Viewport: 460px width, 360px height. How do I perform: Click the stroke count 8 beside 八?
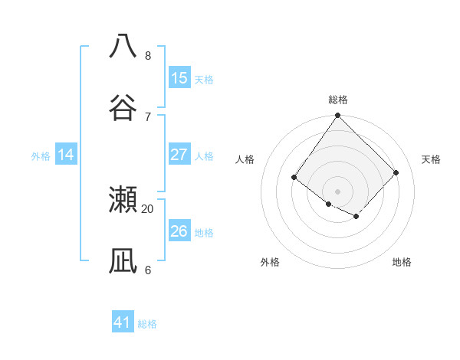click(148, 55)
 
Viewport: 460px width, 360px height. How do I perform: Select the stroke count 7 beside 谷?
click(148, 116)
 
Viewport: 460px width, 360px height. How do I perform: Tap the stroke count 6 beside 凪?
click(148, 270)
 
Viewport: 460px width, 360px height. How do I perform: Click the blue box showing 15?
click(179, 78)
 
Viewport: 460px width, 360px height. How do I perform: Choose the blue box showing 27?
click(179, 155)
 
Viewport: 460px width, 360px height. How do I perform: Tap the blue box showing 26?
click(179, 231)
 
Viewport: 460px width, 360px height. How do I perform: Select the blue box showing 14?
click(66, 155)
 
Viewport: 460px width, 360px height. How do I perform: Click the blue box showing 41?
click(123, 322)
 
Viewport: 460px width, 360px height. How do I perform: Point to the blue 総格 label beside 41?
click(147, 324)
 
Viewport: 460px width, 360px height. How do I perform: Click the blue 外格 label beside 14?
click(41, 156)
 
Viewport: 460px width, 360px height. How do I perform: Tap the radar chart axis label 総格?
click(338, 100)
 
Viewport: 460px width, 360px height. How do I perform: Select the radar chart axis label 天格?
click(431, 159)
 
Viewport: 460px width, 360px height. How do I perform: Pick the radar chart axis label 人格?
click(245, 159)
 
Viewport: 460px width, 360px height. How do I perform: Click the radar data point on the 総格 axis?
click(338, 116)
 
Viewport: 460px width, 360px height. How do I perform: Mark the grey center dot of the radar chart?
click(338, 191)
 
